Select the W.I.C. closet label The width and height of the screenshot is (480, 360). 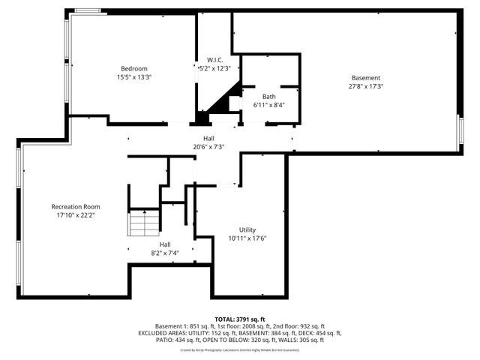tap(214, 60)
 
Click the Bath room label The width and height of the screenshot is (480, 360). tap(268, 96)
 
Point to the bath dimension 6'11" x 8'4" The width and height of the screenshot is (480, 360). tap(268, 105)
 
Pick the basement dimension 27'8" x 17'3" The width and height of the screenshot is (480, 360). tap(366, 86)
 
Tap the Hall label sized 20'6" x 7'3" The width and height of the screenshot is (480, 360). tap(208, 139)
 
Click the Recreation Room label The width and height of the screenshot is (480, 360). tap(76, 206)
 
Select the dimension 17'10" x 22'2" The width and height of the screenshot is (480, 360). tap(76, 215)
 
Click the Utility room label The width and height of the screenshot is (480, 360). tap(247, 229)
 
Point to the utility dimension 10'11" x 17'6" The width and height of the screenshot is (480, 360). tap(247, 238)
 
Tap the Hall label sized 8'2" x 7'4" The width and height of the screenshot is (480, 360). tap(164, 244)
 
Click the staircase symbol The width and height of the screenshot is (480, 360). tap(144, 223)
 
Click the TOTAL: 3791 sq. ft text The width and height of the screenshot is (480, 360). tap(240, 319)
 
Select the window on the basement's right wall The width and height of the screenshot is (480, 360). tap(460, 132)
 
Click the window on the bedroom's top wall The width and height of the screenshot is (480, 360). tap(87, 11)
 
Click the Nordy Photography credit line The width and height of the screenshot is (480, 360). tap(240, 349)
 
